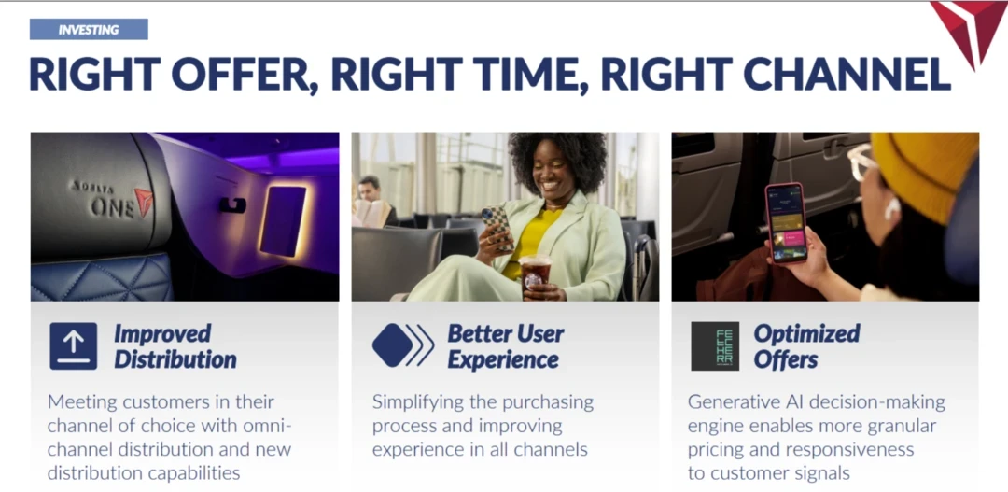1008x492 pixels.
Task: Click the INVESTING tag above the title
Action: pos(89,30)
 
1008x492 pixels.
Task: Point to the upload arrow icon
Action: pos(74,346)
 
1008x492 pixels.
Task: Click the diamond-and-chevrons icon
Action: pos(403,345)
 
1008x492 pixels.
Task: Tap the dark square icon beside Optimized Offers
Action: pos(715,346)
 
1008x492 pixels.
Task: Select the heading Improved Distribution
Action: pos(175,346)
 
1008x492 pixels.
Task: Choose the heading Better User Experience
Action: pos(506,346)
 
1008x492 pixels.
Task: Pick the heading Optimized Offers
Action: pos(806,346)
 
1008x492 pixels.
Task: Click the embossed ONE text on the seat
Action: pos(113,207)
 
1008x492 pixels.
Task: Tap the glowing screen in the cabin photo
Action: pos(283,220)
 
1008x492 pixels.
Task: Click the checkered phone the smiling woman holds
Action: pos(498,227)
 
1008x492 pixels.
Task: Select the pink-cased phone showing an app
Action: pos(785,222)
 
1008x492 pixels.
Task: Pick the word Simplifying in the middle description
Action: pos(413,403)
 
